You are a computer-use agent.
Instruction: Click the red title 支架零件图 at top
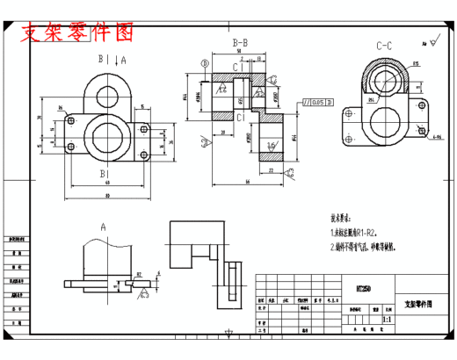click(78, 33)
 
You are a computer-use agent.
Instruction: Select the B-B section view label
click(239, 42)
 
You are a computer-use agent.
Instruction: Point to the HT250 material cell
click(363, 289)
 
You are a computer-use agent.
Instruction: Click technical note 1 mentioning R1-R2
click(353, 233)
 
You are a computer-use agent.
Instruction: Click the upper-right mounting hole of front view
click(142, 128)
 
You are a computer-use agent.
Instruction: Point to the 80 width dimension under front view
click(106, 194)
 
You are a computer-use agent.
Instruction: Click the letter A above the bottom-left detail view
click(102, 227)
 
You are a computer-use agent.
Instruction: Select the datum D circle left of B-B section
click(205, 63)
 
